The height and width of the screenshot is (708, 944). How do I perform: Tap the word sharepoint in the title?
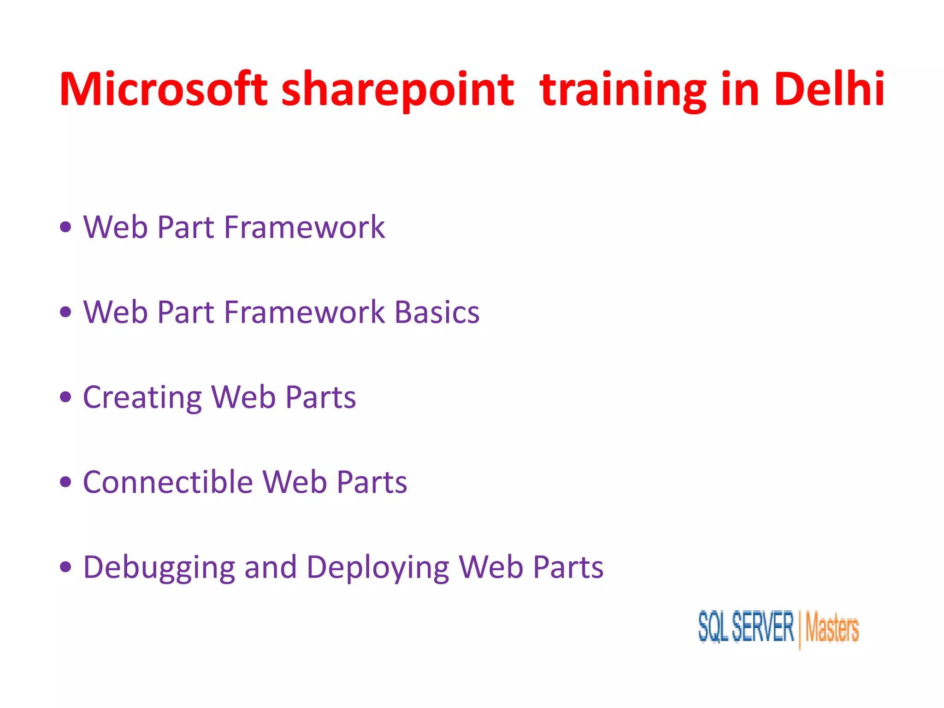coord(397,90)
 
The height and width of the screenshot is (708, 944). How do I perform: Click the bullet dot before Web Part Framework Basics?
coord(66,312)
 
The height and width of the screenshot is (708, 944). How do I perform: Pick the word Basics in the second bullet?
coord(437,312)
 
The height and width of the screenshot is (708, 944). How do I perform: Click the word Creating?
coord(142,398)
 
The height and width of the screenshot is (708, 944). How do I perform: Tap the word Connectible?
coord(168,482)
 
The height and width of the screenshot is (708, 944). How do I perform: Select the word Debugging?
coord(159,568)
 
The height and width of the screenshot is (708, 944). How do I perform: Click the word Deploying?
coord(378,568)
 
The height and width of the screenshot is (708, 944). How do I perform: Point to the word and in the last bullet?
coord(270,567)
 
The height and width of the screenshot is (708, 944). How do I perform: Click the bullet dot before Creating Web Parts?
coord(66,397)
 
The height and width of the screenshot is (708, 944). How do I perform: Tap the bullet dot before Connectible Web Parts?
coord(66,482)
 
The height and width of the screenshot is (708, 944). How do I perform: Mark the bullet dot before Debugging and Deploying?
coord(66,567)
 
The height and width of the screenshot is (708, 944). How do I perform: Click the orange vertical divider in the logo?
coord(800,629)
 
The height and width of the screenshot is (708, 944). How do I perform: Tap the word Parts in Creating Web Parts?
coord(320,397)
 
